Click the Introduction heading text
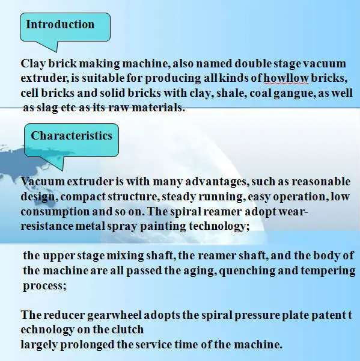(60, 24)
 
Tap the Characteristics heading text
(72, 135)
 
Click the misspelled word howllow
(286, 78)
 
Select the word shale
(231, 93)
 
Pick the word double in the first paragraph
(253, 63)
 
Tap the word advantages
(217, 182)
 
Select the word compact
(83, 197)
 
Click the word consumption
(55, 212)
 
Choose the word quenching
(247, 271)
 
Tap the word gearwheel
(114, 315)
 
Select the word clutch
(127, 330)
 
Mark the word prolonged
(87, 345)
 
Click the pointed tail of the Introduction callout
(56, 51)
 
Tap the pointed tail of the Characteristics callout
(63, 170)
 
